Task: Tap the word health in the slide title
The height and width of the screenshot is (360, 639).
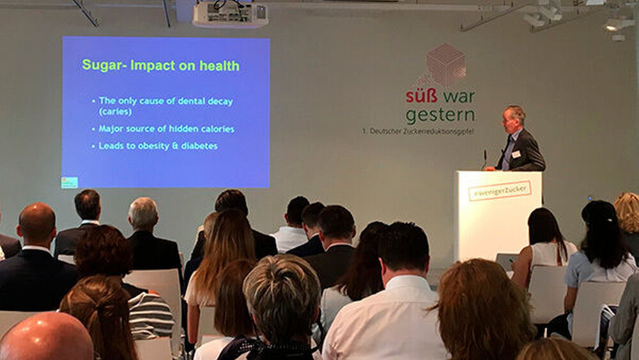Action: (219, 65)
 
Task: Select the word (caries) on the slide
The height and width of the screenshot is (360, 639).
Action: (115, 111)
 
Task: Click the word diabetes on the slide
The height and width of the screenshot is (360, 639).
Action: (199, 146)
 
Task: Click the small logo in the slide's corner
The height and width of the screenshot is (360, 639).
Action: (69, 182)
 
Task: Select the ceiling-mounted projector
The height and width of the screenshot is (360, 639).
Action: (230, 14)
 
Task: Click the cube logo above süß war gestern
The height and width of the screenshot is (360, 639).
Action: (444, 65)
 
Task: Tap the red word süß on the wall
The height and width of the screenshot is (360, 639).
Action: (421, 96)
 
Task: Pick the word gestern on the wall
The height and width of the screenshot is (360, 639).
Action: (440, 116)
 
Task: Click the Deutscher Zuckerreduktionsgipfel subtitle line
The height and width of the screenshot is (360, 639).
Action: (418, 131)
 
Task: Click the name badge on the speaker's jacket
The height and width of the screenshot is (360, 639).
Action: (516, 153)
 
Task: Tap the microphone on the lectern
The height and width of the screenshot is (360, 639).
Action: (485, 159)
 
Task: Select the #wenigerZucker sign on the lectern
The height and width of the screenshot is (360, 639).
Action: (500, 191)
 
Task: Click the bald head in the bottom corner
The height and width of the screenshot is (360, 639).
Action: (45, 336)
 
